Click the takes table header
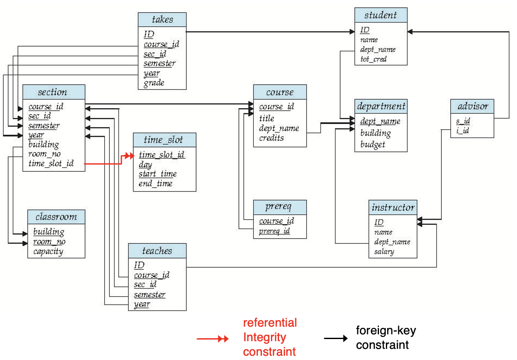(162, 20)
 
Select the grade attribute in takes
(154, 83)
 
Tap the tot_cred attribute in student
(373, 59)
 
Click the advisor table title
(473, 106)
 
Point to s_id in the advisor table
(463, 121)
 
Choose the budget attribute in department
(373, 145)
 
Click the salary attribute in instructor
(384, 251)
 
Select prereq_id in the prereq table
(274, 231)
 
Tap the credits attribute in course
(271, 138)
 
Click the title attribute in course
(267, 118)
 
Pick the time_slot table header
(164, 140)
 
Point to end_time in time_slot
(156, 183)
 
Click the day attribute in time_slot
(145, 165)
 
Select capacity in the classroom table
(48, 251)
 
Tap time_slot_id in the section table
(51, 163)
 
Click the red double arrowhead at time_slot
(129, 156)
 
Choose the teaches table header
(157, 251)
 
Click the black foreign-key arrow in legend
(336, 338)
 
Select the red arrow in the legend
(213, 339)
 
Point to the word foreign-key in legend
(386, 330)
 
